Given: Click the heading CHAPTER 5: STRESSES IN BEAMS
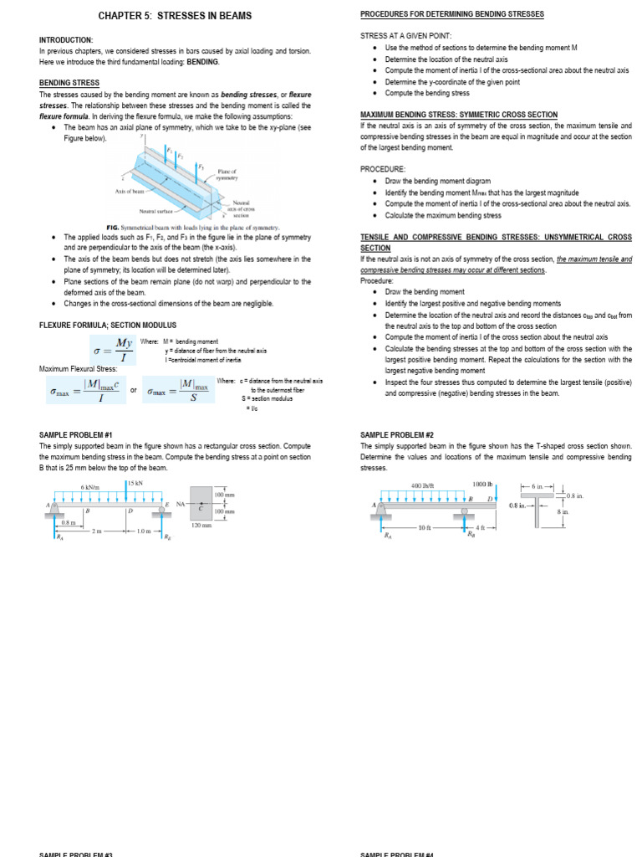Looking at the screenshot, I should (175, 16).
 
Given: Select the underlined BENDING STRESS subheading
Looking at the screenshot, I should (69, 83).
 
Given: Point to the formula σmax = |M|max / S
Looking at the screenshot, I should (178, 390).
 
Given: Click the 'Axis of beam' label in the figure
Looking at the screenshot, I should (130, 192).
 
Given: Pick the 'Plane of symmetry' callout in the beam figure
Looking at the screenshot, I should (227, 174).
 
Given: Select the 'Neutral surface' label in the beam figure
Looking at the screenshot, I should (155, 212).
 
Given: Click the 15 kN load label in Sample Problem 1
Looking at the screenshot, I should (134, 484).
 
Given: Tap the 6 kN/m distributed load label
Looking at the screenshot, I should (89, 487).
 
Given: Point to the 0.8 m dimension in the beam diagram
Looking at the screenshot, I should (69, 522).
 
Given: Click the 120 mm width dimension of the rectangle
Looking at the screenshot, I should (201, 526).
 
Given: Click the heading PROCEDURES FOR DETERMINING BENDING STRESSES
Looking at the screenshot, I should (451, 14).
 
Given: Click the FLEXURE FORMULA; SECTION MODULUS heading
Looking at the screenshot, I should (107, 325).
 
